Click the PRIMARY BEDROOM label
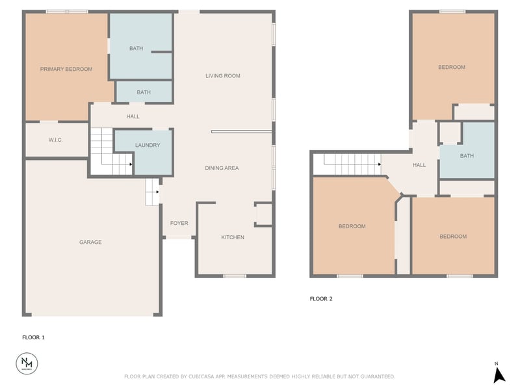coord(66,69)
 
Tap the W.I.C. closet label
coord(55,140)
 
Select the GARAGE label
coord(90,242)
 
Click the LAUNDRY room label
coord(147,145)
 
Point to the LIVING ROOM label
coord(223,76)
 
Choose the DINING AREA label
coord(222,168)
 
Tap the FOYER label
coord(179,224)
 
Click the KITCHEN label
coord(233,237)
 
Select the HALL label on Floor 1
coord(133,117)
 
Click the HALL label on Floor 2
coord(419,165)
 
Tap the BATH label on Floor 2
coord(467,156)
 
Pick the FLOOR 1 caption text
coord(33,337)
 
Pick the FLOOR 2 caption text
coord(321,299)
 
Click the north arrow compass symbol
coord(499,374)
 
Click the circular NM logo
coord(27,363)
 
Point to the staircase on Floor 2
coord(352,164)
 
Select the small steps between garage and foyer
coord(152,192)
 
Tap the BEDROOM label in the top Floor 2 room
coord(451,67)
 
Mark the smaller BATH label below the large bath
coord(144,92)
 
